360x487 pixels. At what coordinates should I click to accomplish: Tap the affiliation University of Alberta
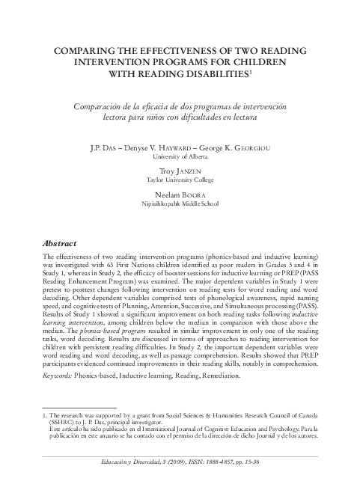click(x=180, y=157)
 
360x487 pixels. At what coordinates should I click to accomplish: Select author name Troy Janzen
click(x=180, y=171)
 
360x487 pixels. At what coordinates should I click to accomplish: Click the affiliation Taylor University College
click(x=180, y=181)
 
